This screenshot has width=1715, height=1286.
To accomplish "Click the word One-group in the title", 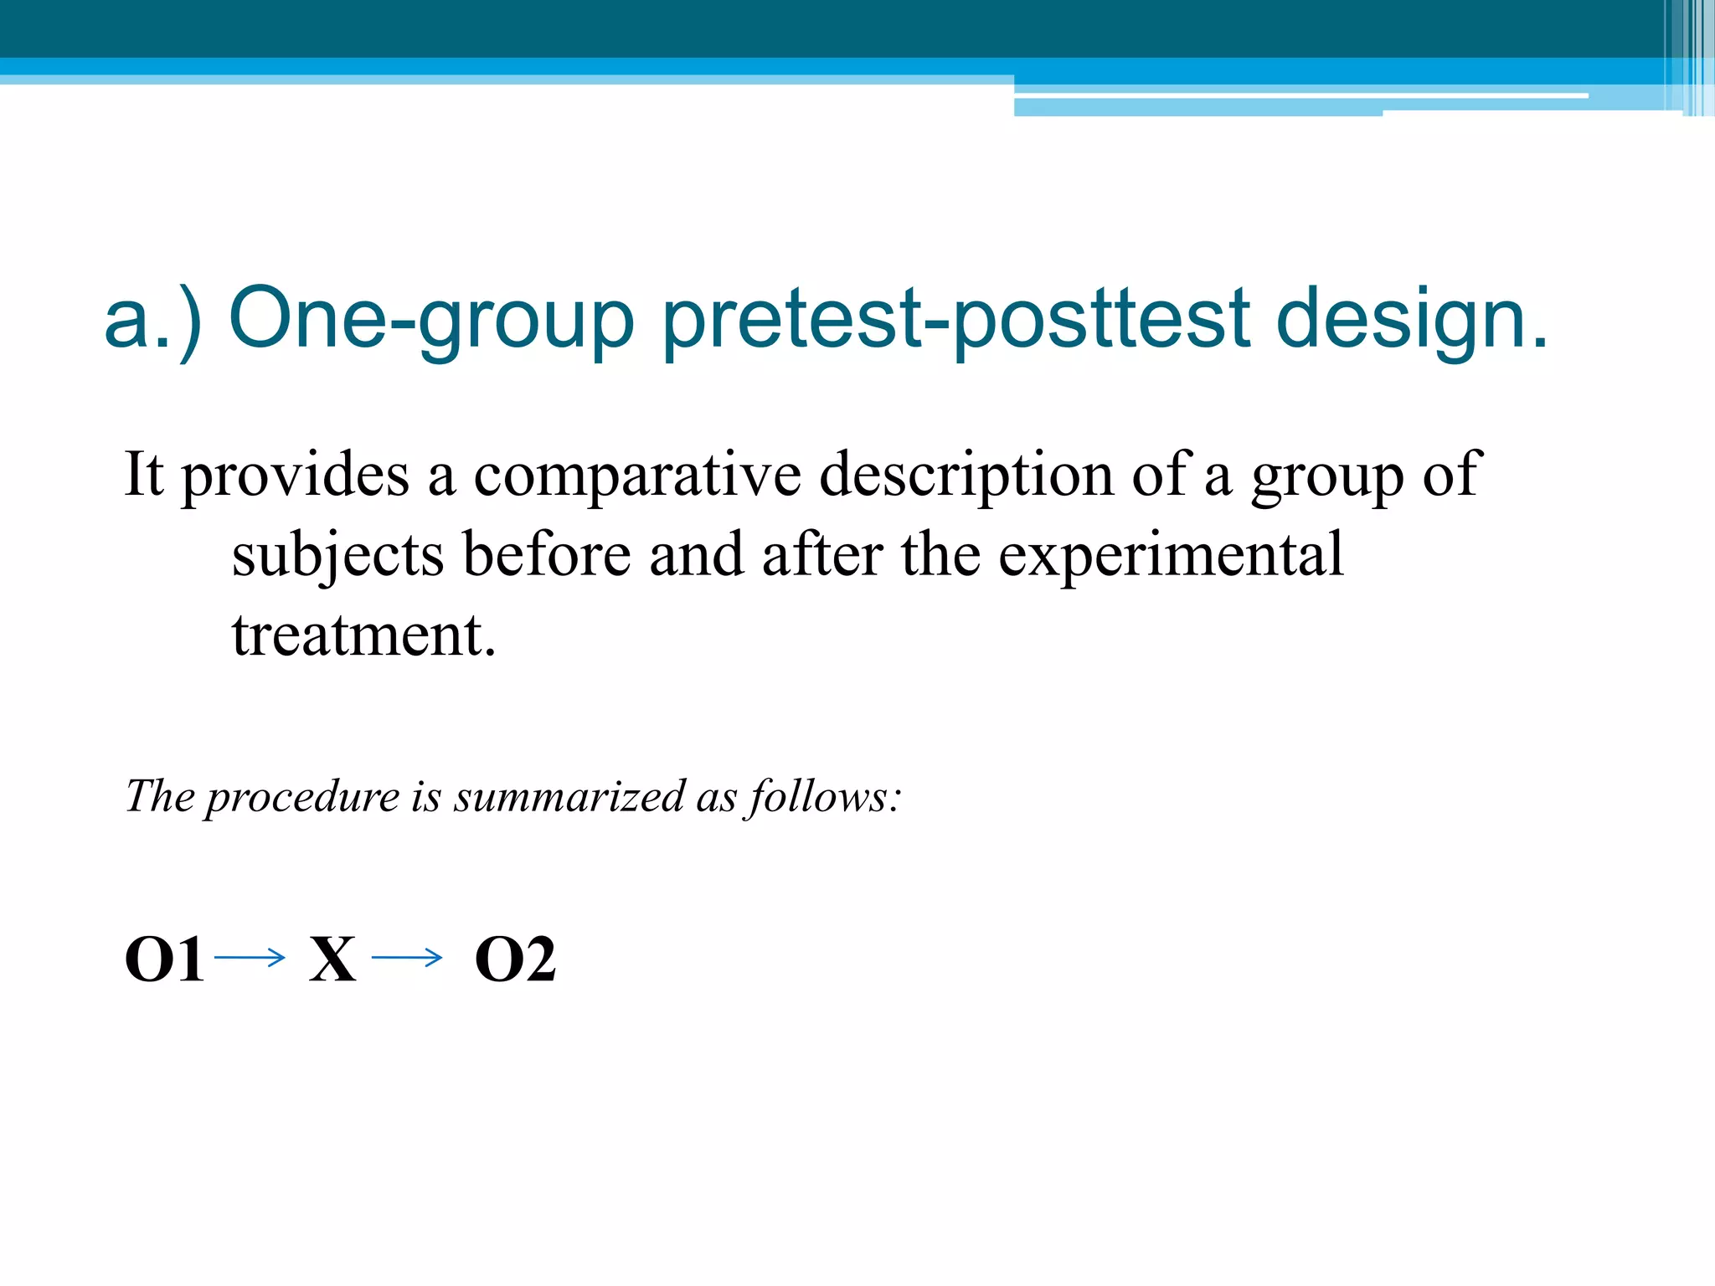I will [x=430, y=321].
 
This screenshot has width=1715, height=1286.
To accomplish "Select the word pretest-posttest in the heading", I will [x=955, y=321].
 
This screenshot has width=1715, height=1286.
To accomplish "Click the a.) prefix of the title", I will [x=152, y=321].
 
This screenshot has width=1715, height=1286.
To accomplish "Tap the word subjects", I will [x=337, y=555].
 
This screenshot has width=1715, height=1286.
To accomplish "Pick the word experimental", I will [x=1172, y=555].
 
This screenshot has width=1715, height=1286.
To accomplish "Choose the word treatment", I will [x=363, y=635].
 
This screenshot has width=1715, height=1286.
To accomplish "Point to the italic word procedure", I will [x=303, y=796].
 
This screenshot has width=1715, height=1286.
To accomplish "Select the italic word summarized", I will [x=569, y=796].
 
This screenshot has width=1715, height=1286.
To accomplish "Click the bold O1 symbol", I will [x=164, y=959].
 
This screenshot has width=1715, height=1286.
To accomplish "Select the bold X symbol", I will [x=332, y=959].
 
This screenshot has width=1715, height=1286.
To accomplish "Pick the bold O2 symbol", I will [x=515, y=959].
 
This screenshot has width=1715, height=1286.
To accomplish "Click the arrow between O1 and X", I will [x=250, y=957].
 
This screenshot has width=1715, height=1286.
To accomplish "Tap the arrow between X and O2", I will [x=407, y=957].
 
